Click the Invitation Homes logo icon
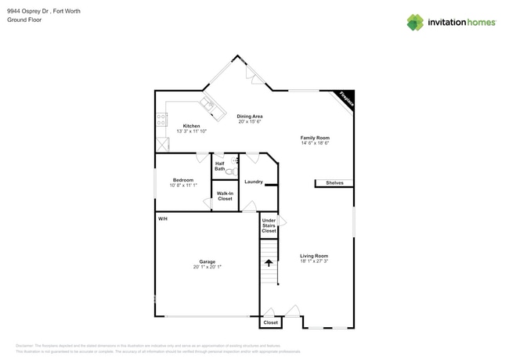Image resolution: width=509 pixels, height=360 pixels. click(x=415, y=22)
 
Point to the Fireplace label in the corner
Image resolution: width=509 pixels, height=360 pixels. click(x=345, y=99)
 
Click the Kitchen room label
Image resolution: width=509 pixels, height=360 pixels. click(x=191, y=126)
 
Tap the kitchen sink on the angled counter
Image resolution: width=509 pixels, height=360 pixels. click(x=207, y=103)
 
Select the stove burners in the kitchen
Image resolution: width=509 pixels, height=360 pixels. click(x=161, y=120)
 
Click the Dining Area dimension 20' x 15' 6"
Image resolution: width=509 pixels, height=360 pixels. click(x=249, y=121)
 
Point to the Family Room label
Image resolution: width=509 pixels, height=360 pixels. click(x=315, y=138)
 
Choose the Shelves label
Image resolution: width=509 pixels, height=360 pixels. click(x=334, y=183)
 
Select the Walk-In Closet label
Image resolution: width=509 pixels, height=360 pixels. click(x=225, y=196)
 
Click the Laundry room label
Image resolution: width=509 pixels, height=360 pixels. click(x=253, y=182)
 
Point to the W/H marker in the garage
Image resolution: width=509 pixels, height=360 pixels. click(x=163, y=218)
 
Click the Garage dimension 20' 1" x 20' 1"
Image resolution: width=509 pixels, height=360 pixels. click(x=208, y=267)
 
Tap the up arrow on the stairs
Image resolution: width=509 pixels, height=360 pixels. click(x=269, y=250)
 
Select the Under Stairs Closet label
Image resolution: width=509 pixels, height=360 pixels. click(x=269, y=225)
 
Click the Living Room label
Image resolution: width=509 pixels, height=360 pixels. click(x=314, y=256)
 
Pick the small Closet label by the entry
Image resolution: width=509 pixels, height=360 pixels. click(x=270, y=322)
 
